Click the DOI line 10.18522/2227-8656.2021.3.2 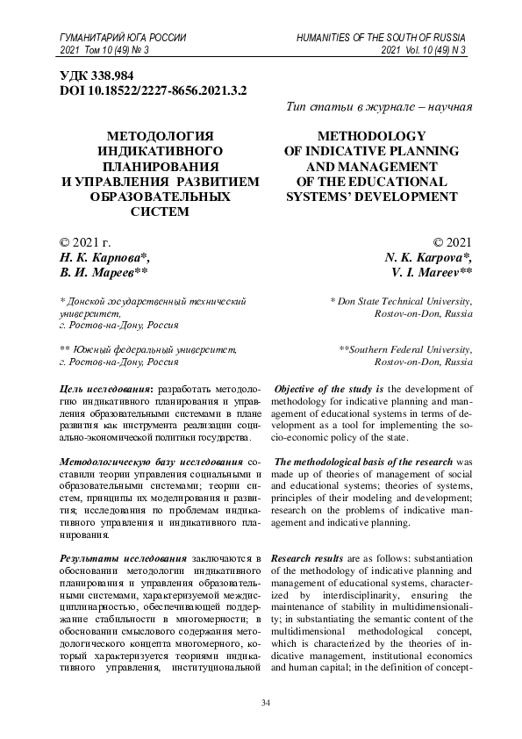152,90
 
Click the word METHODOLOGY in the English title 367,137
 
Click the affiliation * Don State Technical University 401,301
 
